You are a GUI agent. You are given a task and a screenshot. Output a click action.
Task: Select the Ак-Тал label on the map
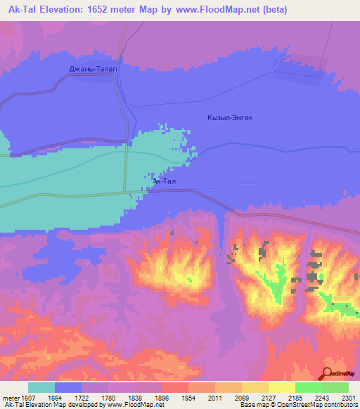click(164, 182)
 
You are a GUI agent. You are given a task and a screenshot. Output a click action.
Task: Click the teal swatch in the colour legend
click(41, 387)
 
